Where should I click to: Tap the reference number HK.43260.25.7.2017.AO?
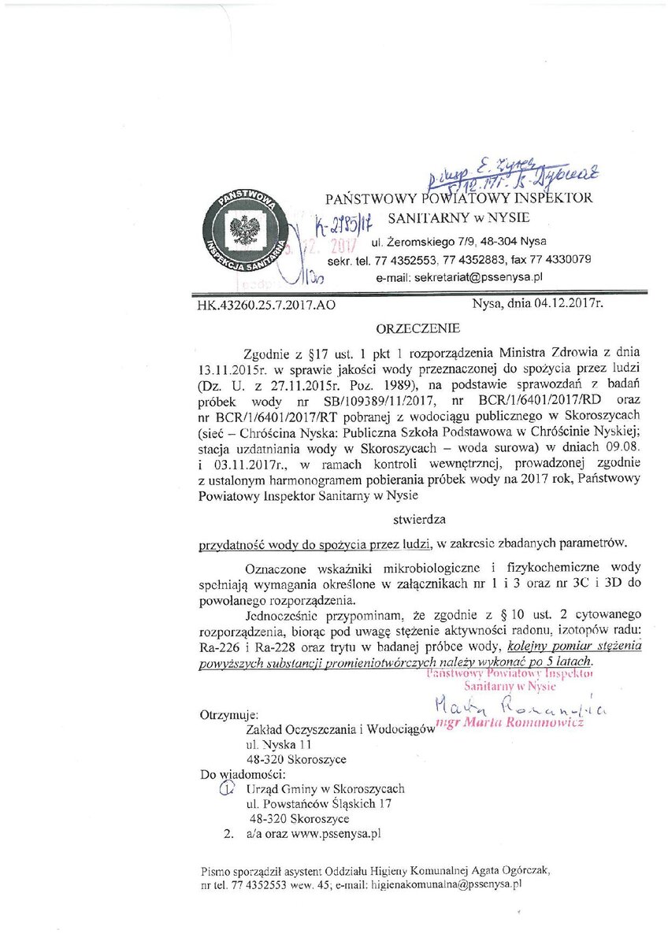coord(266,305)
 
